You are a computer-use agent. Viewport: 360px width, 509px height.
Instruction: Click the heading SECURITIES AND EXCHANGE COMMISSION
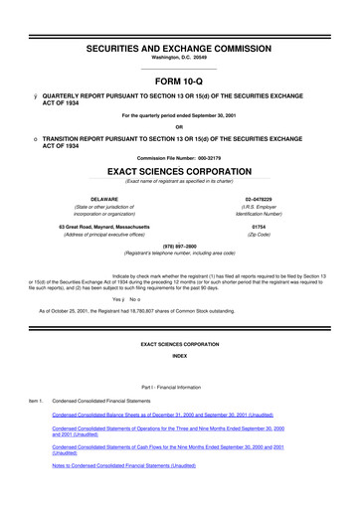tap(179, 19)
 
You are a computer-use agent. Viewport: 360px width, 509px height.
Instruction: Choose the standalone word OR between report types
tap(179, 125)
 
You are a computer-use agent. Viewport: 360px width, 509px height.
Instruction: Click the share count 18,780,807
tap(145, 310)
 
